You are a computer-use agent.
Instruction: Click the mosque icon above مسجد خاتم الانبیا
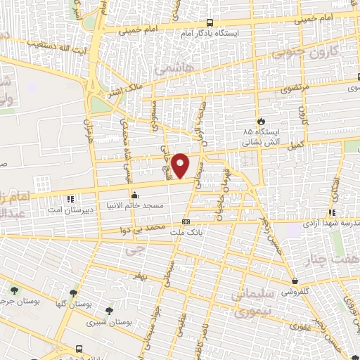click(x=131, y=195)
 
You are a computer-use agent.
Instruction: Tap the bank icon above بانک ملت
click(x=186, y=221)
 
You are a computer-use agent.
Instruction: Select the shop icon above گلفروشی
click(x=293, y=279)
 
